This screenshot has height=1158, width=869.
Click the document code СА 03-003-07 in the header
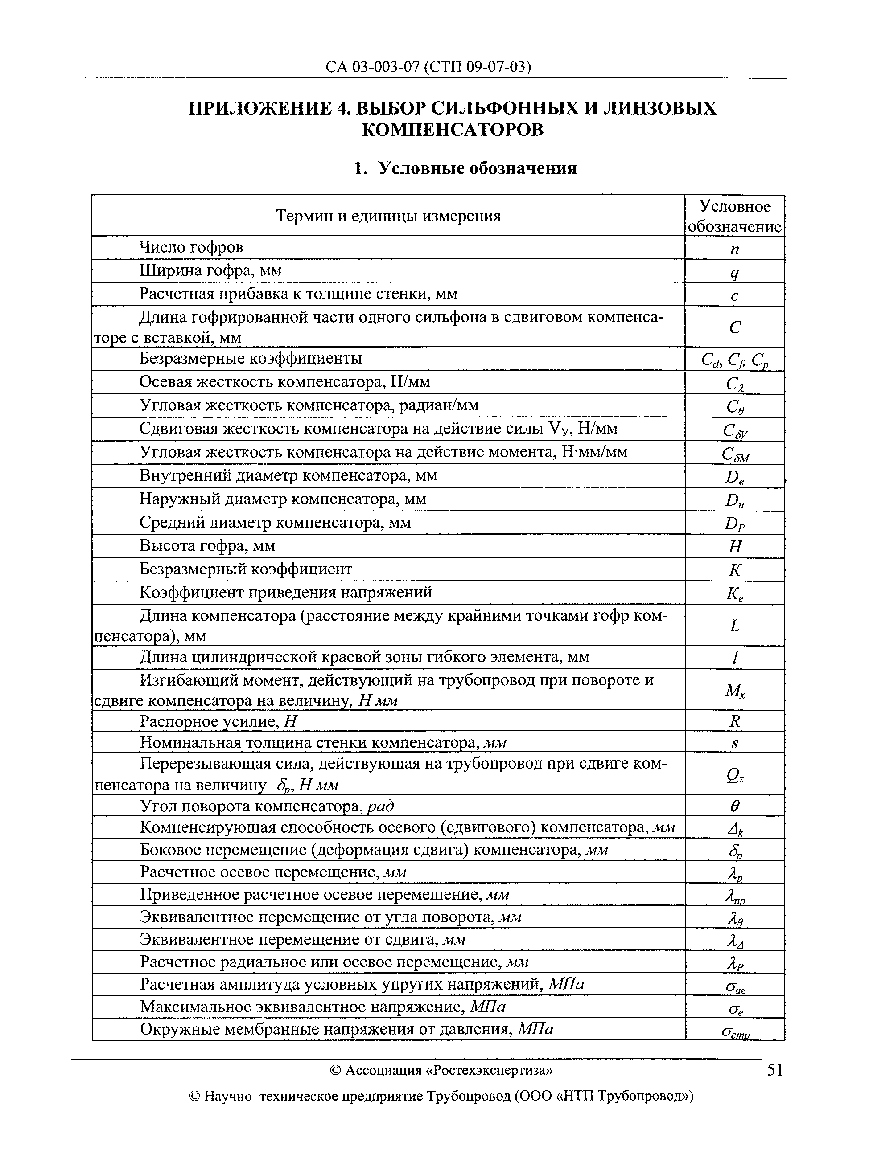[x=372, y=67]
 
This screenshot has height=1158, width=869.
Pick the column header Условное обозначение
[x=734, y=216]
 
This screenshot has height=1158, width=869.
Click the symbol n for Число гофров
[x=734, y=249]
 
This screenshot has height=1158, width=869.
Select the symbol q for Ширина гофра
[x=734, y=273]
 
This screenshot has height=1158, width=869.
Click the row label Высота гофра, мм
[x=207, y=546]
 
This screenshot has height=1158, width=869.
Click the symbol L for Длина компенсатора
[x=734, y=626]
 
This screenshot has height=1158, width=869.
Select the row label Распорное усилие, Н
[x=218, y=722]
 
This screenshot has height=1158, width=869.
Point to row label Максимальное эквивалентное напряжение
[x=322, y=1007]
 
